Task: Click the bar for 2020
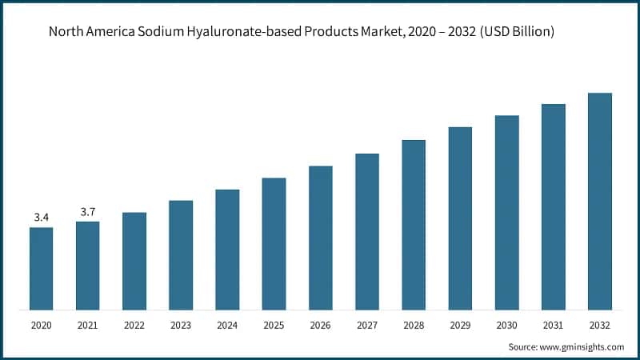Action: click(x=42, y=268)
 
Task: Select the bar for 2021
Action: click(x=88, y=265)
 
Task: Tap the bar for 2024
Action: click(x=227, y=249)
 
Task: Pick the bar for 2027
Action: click(x=367, y=231)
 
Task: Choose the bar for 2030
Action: click(x=506, y=212)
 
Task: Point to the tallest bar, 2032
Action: click(x=600, y=201)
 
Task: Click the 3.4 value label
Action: click(x=42, y=217)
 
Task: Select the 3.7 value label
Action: click(x=88, y=211)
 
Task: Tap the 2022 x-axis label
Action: click(x=134, y=326)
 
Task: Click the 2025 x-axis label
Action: click(x=274, y=326)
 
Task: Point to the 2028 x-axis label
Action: click(x=414, y=326)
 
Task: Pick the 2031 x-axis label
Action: click(x=554, y=326)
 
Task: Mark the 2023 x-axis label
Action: click(x=181, y=326)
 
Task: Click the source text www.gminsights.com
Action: click(x=583, y=347)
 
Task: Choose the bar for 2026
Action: click(x=321, y=238)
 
